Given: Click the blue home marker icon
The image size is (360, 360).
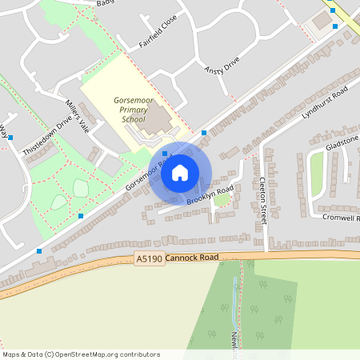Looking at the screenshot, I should click(180, 172).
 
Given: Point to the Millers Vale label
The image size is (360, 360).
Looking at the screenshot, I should click(82, 116).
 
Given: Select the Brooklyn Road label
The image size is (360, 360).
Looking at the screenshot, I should click(210, 196).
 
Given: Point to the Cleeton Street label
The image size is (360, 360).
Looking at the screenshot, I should click(262, 200).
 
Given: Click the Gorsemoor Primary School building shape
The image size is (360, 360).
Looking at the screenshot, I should click(157, 120).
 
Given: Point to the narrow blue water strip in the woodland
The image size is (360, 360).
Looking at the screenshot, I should click(234, 296).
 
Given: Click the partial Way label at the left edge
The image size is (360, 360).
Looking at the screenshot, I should click(3, 132).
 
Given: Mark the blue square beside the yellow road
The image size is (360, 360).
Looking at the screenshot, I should click(334, 26).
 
